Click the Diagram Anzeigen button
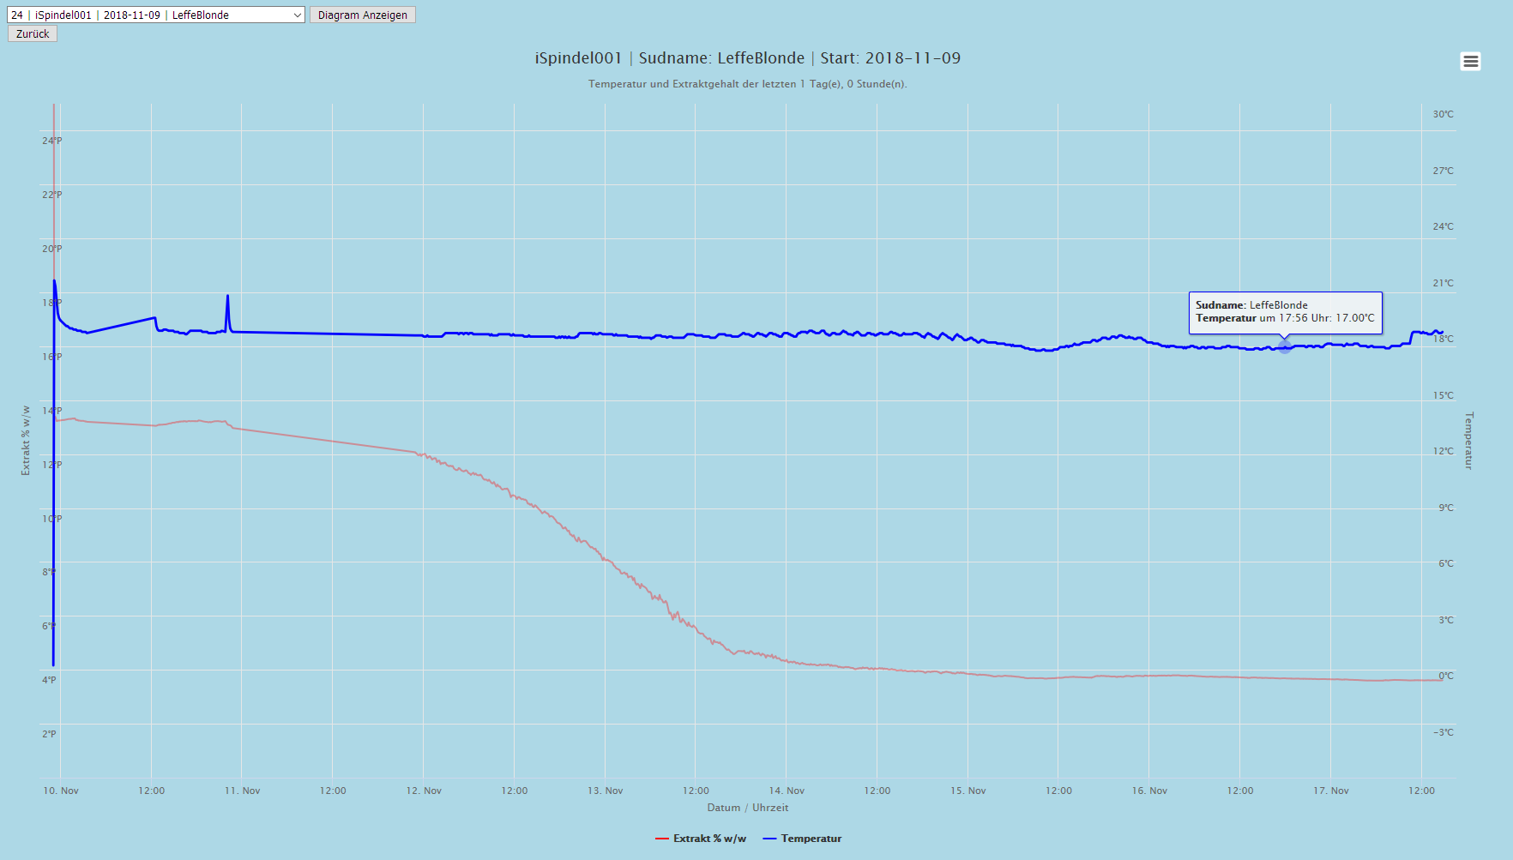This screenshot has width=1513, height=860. [362, 15]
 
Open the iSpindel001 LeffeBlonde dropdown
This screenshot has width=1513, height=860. [156, 15]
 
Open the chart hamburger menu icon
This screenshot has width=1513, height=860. [1470, 61]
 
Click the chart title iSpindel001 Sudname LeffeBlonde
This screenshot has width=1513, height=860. [747, 58]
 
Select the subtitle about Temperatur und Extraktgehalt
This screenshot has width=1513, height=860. [747, 84]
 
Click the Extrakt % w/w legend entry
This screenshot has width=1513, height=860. [701, 839]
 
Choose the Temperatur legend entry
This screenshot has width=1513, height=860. [803, 839]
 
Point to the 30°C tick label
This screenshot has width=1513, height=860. [1443, 114]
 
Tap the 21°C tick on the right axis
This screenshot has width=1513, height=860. [1443, 283]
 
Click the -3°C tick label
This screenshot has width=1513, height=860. [1443, 732]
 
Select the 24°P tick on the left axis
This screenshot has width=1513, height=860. [51, 141]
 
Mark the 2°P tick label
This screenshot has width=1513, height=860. [49, 734]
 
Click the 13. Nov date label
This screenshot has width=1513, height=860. [605, 791]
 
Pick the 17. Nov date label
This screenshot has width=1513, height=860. [1330, 791]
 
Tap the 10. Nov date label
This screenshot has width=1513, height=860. [61, 791]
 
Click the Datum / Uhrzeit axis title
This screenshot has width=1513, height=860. [747, 808]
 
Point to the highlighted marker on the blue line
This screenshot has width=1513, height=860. [1284, 346]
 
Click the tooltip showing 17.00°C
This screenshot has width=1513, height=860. [1285, 312]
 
